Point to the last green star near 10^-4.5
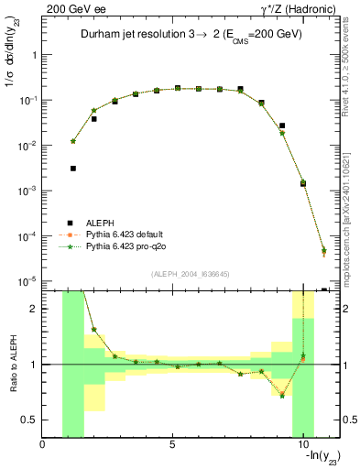324,250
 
